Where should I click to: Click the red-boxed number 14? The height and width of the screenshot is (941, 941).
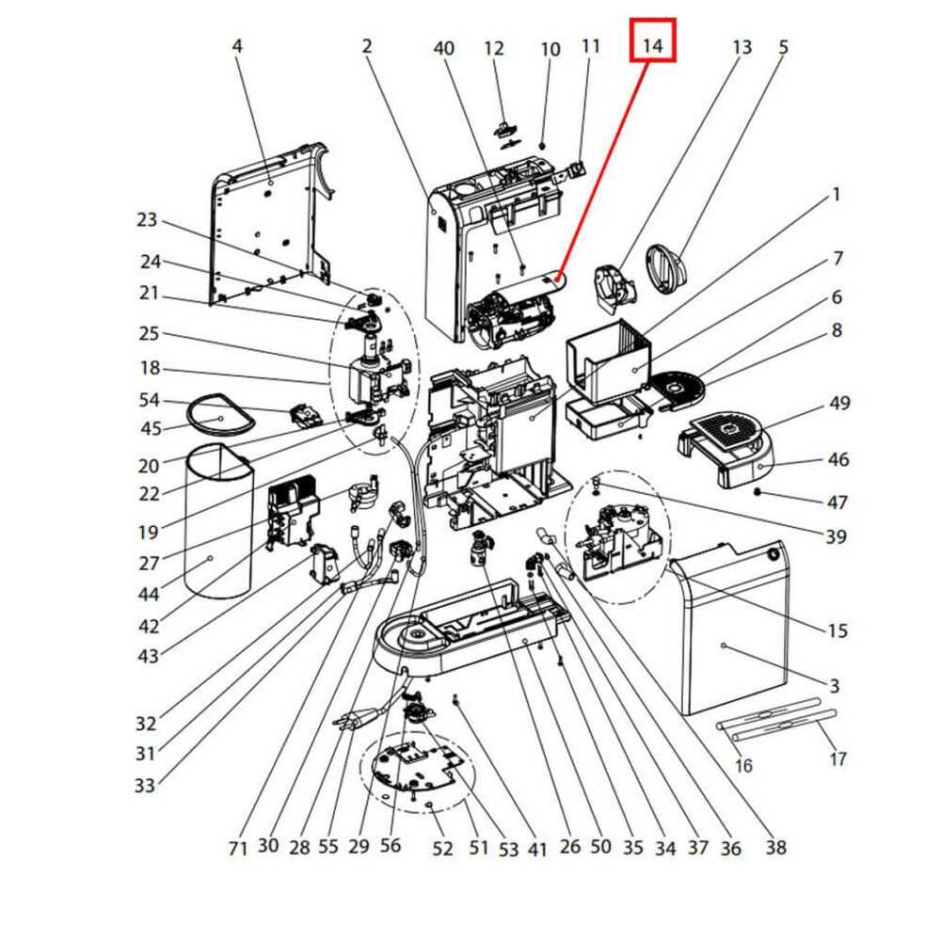(653, 43)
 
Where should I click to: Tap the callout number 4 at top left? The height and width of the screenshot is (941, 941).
(237, 45)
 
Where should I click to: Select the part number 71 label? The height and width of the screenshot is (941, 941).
(238, 847)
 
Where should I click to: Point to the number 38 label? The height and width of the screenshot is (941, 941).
(775, 847)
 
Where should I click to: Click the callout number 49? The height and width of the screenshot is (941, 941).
(839, 404)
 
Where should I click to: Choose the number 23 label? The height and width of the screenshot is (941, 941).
(147, 220)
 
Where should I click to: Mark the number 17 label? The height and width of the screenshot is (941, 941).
(837, 758)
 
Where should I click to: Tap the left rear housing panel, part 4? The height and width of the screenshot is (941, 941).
(268, 226)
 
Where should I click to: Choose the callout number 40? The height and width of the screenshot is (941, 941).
(444, 48)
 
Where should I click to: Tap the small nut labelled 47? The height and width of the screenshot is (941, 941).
(758, 492)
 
